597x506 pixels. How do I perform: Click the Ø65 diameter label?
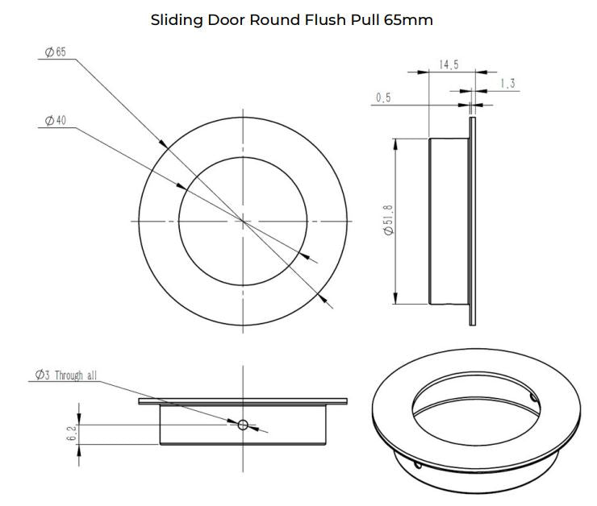pos(56,52)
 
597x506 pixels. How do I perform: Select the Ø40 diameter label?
pos(56,121)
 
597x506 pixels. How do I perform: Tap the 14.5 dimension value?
pos(449,64)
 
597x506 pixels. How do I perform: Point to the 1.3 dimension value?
pos(507,83)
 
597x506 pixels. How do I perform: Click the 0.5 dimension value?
pos(383,97)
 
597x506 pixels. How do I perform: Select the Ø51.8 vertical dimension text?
pos(388,221)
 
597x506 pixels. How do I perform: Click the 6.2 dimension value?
pos(72,433)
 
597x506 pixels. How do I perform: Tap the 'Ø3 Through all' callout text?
pos(66,375)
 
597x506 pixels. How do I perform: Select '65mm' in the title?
pos(408,20)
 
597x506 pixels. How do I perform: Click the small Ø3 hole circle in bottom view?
pos(243,425)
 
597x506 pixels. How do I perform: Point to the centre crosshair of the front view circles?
pos(243,221)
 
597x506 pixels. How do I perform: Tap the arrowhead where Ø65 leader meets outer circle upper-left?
pos(164,143)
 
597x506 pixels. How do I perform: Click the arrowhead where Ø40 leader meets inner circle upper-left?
pos(182,186)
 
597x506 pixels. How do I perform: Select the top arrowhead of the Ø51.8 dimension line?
pos(395,144)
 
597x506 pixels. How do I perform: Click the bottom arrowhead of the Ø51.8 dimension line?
pos(395,298)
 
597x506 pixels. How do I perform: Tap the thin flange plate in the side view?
pos(473,222)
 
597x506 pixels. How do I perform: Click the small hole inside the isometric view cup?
pos(534,398)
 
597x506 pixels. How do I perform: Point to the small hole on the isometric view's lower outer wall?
pos(418,465)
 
